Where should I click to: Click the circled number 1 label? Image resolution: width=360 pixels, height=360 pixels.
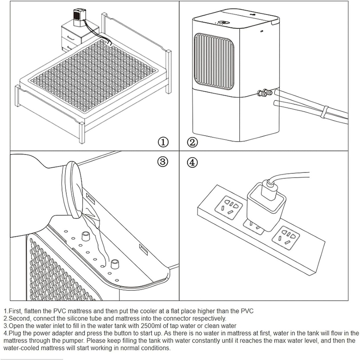pyautogui.click(x=163, y=142)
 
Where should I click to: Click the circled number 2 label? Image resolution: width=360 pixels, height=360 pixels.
pyautogui.click(x=192, y=142)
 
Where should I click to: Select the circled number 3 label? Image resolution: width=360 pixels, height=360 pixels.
pyautogui.click(x=163, y=162)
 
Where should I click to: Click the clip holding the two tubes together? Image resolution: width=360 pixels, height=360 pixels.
pyautogui.click(x=326, y=112)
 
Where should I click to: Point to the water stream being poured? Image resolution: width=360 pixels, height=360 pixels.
pyautogui.click(x=100, y=243)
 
